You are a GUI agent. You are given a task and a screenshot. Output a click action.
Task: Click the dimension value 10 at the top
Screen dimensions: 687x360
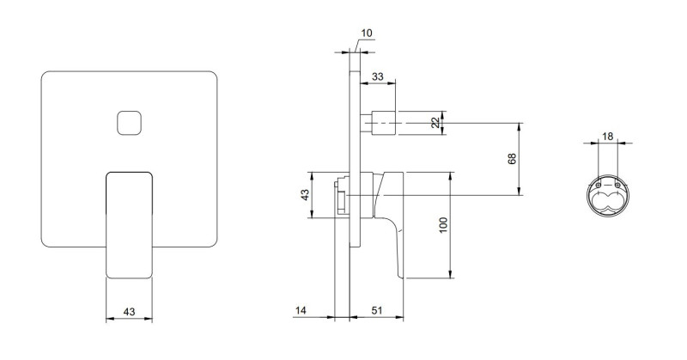[367, 33]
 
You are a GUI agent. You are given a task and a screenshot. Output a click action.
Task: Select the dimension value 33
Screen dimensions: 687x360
[377, 76]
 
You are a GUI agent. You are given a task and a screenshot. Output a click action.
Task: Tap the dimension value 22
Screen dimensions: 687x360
[435, 123]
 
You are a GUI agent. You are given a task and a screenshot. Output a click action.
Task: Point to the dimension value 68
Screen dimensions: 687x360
[512, 159]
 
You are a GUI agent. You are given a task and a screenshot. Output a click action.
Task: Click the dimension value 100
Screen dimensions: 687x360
[443, 225]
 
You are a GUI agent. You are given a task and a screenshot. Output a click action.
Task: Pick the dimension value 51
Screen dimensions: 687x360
[377, 310]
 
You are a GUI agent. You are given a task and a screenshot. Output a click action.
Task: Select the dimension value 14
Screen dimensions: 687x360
[301, 310]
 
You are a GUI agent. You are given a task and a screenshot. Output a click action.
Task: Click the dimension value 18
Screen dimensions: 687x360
[607, 137]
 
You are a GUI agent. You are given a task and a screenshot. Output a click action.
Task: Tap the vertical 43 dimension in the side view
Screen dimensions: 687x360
[305, 194]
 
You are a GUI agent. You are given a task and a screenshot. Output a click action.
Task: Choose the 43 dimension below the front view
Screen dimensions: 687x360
[129, 312]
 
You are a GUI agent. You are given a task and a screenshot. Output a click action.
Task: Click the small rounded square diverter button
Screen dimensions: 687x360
[130, 123]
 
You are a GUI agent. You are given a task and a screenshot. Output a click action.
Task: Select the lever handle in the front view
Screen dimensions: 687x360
[130, 225]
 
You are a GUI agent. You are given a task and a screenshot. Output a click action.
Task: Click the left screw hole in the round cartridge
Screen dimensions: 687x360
[599, 186]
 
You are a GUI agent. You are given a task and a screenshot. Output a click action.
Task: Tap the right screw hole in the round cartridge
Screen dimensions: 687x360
[617, 186]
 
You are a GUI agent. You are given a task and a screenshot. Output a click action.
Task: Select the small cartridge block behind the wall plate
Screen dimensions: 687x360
[342, 196]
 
